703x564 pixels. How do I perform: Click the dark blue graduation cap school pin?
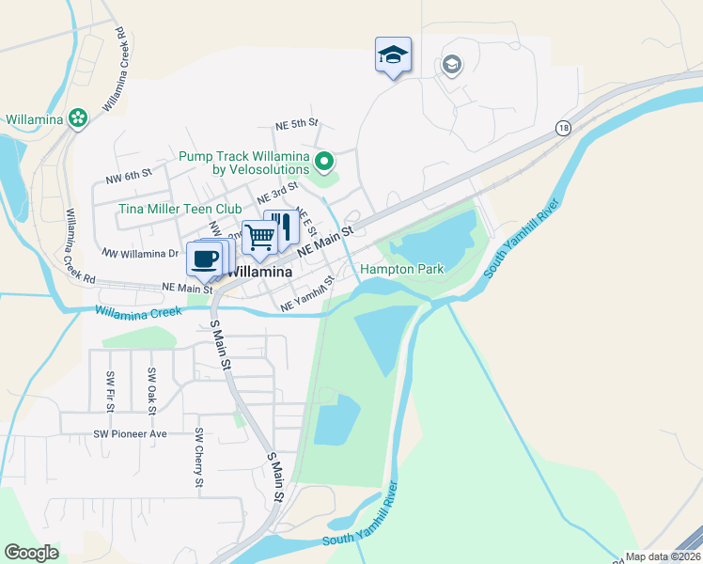(393, 55)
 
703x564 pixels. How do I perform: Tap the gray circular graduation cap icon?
(451, 65)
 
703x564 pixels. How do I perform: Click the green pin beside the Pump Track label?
(324, 163)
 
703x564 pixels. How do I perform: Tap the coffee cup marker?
(204, 258)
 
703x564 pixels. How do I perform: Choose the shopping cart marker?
(258, 237)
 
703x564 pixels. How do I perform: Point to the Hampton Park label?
(401, 270)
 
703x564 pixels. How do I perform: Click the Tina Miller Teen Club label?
(180, 209)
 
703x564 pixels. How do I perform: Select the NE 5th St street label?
(297, 124)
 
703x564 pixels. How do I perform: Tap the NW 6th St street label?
(129, 175)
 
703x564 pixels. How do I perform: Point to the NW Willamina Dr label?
(140, 254)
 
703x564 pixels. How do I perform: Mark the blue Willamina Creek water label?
(137, 311)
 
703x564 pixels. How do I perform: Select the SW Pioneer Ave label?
(130, 433)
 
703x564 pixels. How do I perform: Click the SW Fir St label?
(111, 389)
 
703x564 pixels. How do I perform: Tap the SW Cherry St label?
(199, 458)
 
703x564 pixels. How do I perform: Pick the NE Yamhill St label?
(308, 294)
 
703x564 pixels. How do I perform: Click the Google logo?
(32, 553)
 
